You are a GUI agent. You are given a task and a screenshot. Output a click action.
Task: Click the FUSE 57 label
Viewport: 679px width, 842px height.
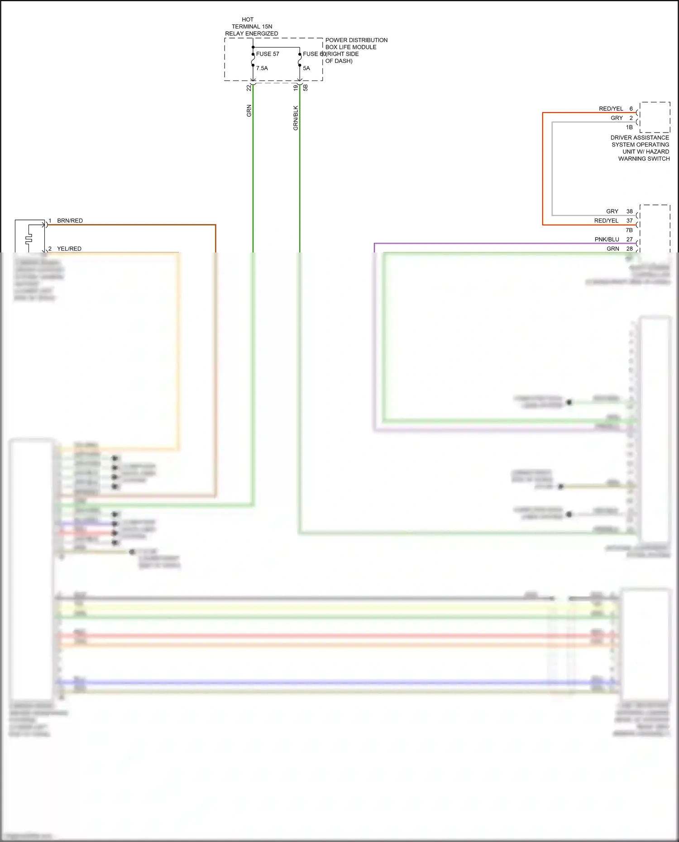pos(268,54)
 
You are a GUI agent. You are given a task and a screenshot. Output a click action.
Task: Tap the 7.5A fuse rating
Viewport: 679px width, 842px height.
pos(262,68)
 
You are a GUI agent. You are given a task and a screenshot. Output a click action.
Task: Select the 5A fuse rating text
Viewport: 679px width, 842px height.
pos(306,68)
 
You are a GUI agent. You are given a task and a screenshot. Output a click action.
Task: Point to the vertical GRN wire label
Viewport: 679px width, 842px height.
pos(249,111)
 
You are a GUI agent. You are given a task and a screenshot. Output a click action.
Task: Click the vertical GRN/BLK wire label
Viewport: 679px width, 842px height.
pos(296,118)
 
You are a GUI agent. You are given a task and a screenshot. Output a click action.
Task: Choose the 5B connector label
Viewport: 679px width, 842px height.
pos(306,88)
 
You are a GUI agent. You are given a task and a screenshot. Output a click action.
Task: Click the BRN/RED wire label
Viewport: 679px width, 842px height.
pos(70,221)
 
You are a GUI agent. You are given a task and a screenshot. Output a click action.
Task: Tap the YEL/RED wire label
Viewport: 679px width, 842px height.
pos(69,249)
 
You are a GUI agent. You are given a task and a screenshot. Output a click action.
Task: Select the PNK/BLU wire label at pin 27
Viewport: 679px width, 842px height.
pos(607,239)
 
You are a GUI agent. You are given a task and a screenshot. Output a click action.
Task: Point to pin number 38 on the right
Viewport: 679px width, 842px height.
pos(629,211)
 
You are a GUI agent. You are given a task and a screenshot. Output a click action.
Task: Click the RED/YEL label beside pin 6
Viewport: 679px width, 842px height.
pos(611,109)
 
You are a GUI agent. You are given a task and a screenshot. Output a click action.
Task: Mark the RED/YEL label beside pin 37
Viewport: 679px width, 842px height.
pos(606,221)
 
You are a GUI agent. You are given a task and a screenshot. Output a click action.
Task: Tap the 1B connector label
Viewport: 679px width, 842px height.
pos(629,127)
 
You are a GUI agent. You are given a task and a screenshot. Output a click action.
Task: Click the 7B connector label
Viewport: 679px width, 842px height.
pos(629,230)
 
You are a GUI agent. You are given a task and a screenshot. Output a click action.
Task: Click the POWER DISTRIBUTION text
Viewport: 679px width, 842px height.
pos(356,40)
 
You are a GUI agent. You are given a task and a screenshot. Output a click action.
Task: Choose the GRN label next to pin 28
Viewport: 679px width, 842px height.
pos(612,249)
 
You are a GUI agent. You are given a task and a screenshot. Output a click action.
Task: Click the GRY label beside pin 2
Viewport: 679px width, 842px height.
pos(617,118)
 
